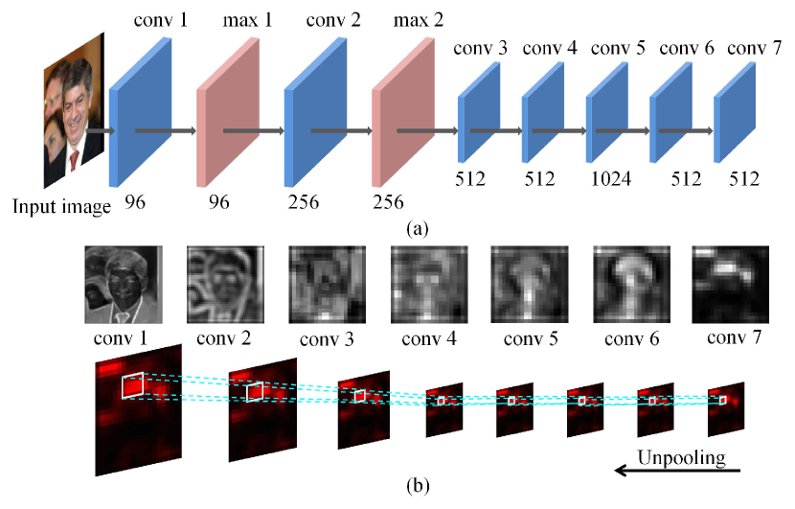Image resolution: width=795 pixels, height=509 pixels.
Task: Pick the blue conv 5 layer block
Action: [605, 112]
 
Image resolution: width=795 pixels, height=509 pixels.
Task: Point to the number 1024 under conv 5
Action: [609, 177]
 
